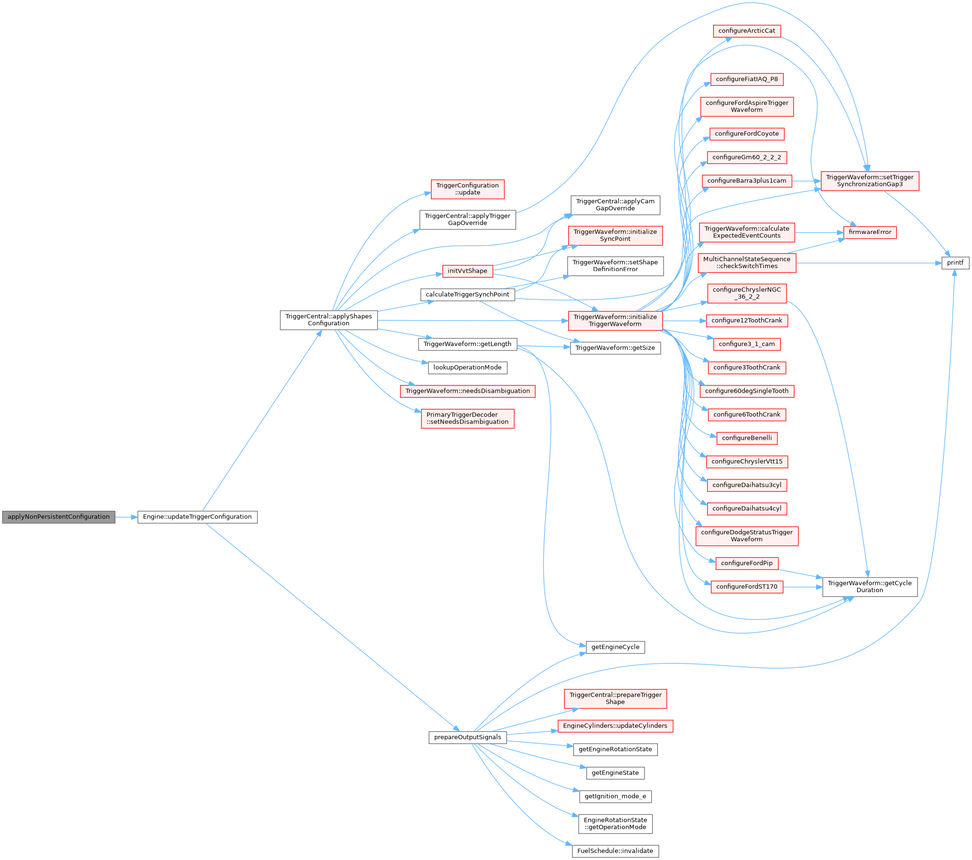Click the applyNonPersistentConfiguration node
(x=58, y=517)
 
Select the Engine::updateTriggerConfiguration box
(x=197, y=517)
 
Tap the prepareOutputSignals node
(x=467, y=737)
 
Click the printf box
(x=955, y=263)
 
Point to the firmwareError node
(x=870, y=232)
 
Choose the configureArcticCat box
(x=747, y=31)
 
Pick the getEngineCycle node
(x=615, y=647)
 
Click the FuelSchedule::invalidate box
(x=615, y=851)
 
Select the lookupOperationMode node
(x=467, y=367)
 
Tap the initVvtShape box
(x=467, y=271)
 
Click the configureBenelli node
(x=747, y=438)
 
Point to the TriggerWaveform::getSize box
(x=615, y=348)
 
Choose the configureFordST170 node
(x=747, y=587)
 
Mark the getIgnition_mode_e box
(x=615, y=796)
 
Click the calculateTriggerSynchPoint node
(x=467, y=294)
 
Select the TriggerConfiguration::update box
(x=467, y=189)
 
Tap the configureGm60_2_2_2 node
(x=747, y=157)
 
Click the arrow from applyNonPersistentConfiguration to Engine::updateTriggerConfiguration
(x=126, y=517)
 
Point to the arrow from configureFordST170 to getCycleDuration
(x=803, y=587)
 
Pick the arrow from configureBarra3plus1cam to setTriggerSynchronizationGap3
(x=806, y=181)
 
